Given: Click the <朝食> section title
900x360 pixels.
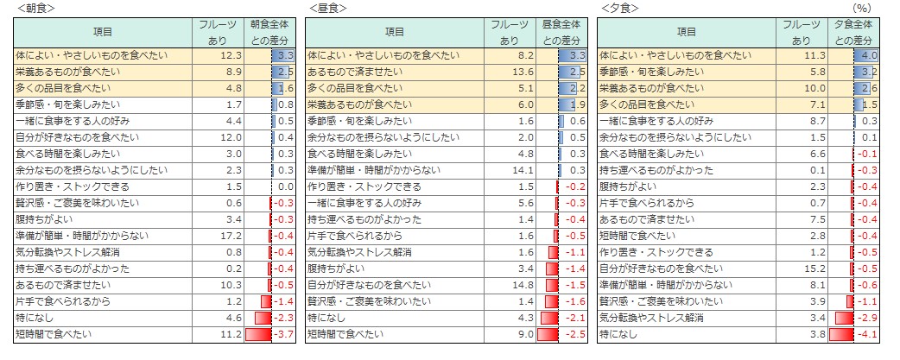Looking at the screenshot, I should [31, 8].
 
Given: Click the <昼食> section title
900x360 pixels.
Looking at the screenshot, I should [326, 8].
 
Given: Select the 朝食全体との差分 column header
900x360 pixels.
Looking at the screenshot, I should [269, 33].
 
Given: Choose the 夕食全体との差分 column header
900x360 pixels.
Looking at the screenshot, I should [854, 33].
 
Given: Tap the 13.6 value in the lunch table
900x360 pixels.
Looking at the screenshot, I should [522, 71].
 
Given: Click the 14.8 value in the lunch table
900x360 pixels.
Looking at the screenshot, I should [522, 284].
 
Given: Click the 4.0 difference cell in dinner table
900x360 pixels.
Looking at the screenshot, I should [868, 54].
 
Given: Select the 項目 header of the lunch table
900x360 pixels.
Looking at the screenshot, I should [395, 32].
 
